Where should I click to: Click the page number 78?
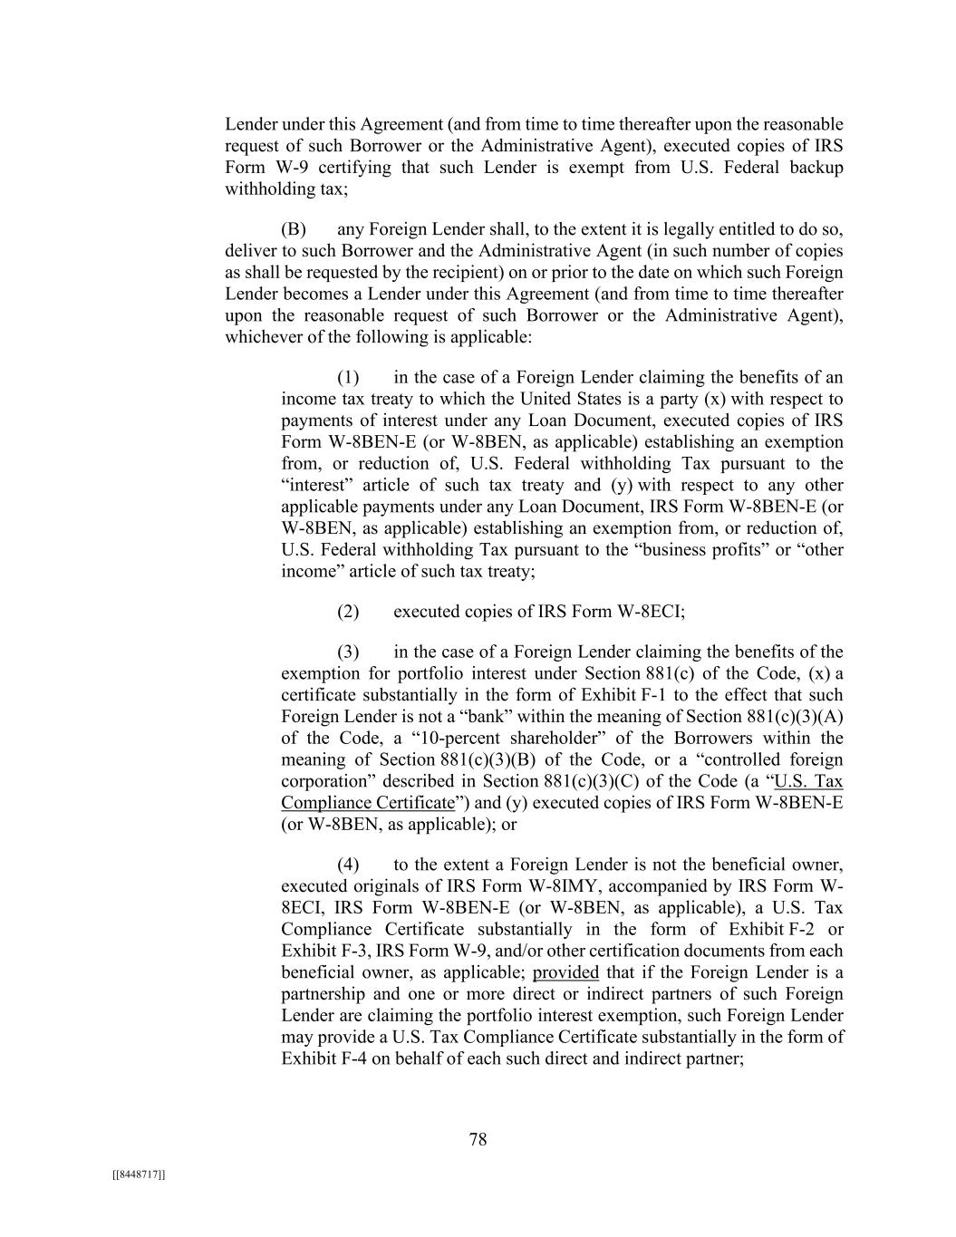point(478,1139)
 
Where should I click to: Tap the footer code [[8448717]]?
point(139,1174)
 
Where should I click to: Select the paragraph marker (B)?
point(295,229)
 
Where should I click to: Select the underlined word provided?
point(565,972)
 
